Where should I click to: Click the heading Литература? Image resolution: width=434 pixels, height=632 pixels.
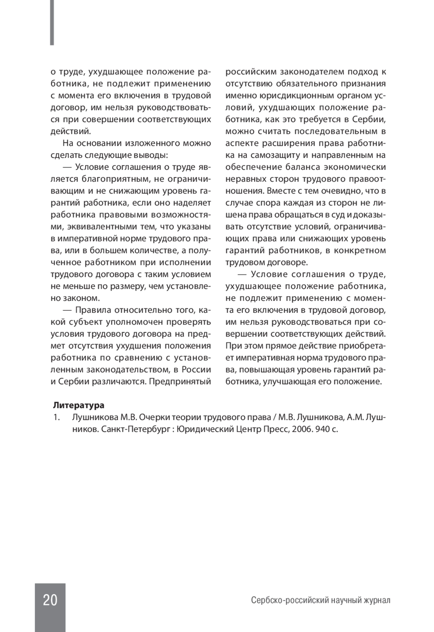pyautogui.click(x=78, y=405)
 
